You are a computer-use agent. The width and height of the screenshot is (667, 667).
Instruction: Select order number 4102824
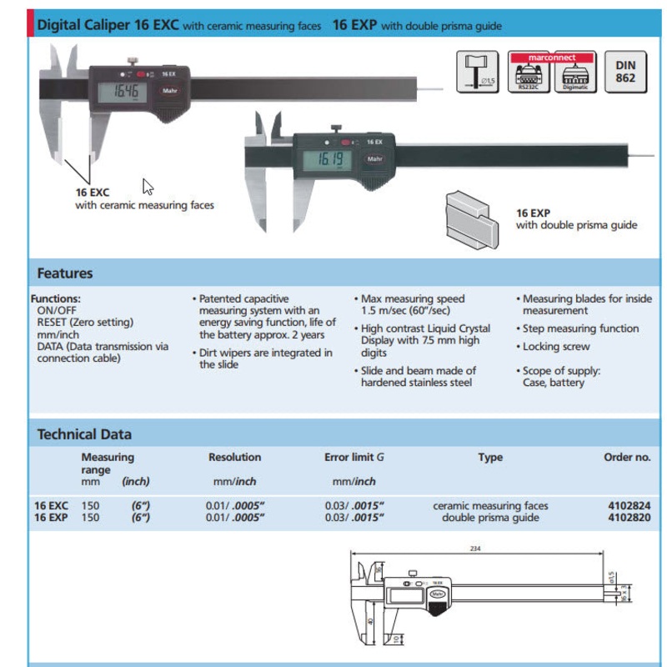click(x=630, y=505)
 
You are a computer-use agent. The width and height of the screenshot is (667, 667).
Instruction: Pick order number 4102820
click(x=630, y=518)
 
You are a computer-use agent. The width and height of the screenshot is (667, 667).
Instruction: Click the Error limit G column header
click(x=354, y=458)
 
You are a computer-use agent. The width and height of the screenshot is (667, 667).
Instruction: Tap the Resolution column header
click(x=234, y=458)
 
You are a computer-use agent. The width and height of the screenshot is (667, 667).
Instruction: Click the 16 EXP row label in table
click(x=51, y=518)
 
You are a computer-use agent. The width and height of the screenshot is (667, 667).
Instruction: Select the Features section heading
click(x=65, y=273)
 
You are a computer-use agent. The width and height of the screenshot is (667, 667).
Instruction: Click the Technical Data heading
click(x=84, y=434)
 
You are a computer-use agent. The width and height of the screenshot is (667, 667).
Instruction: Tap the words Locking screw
click(x=556, y=347)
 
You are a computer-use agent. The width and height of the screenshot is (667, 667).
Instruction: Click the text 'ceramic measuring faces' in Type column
click(x=490, y=505)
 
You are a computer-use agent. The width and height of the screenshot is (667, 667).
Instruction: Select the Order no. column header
click(x=626, y=458)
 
